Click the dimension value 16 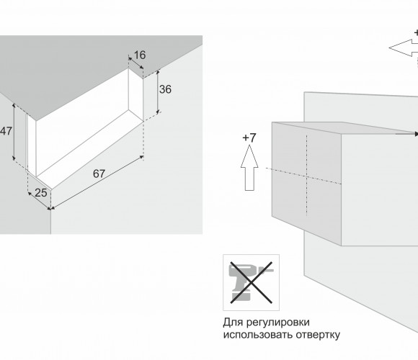coord(140,55)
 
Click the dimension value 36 coord(165,89)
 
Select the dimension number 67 coord(99,174)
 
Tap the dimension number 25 coord(41,193)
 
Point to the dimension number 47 coord(6,131)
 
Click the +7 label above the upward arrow coord(249,138)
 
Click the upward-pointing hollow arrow coord(249,168)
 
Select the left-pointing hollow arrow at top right coord(404,48)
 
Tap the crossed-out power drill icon coord(251,282)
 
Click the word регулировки coord(277,322)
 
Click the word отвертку coord(318,334)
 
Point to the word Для coord(233,323)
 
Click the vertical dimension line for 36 coord(158,92)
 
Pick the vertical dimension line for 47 coord(14,132)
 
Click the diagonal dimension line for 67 coord(97,183)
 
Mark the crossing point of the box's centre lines coord(307,176)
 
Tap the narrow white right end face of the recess coord(135,94)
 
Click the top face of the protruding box coord(344,127)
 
